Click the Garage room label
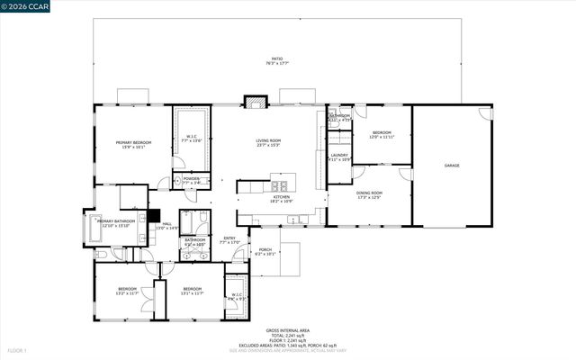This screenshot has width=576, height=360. tap(452, 166)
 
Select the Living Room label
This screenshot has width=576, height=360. tap(268, 142)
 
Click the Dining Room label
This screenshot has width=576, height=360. tap(370, 193)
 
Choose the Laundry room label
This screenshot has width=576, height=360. tap(339, 157)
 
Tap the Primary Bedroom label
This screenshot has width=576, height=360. tap(133, 144)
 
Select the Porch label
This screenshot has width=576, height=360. tap(265, 251)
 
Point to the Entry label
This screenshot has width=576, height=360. tap(229, 239)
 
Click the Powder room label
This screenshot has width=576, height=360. tap(191, 180)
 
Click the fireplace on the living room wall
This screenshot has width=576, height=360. tap(253, 102)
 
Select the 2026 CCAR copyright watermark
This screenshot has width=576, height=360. tap(27, 7)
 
